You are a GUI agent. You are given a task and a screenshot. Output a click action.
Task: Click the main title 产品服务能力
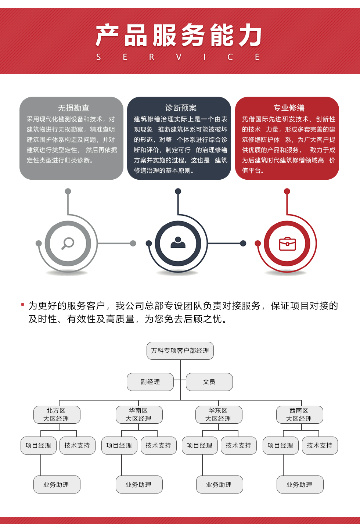coord(179,35)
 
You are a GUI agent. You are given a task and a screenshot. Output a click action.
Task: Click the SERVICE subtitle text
coord(178,57)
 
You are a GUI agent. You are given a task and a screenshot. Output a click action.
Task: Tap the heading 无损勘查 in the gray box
coord(73,108)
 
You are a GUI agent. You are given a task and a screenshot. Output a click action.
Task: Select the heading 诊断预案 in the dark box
coord(181,108)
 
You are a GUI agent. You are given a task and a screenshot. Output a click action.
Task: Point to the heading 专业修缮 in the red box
coord(289,108)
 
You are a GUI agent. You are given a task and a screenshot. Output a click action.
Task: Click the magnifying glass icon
coord(68,244)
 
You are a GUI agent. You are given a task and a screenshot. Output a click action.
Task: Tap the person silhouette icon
coord(178,243)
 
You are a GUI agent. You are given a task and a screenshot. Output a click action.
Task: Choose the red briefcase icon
coord(288,244)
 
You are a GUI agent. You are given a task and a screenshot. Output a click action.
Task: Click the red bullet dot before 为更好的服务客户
coord(23,304)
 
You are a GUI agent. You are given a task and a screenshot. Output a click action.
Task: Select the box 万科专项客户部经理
coord(180,351)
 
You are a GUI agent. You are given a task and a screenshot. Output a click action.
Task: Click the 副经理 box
coord(150,382)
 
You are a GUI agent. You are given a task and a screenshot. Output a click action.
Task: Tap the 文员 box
coord(209,382)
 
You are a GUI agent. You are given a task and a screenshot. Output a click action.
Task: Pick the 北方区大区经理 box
coord(57,414)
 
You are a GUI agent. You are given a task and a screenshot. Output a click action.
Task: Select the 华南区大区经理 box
coord(139,414)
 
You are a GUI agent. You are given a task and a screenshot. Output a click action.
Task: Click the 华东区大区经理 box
coord(219,414)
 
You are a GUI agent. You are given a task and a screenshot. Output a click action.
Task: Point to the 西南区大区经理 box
coord(300,414)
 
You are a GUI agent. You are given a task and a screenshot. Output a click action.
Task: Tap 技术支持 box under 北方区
coord(78,445)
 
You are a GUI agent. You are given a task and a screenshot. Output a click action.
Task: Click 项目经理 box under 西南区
coord(280,445)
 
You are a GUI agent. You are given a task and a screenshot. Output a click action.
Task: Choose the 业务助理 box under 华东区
coord(220,484)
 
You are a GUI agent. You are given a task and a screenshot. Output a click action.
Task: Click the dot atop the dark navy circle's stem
coord(178,191)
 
